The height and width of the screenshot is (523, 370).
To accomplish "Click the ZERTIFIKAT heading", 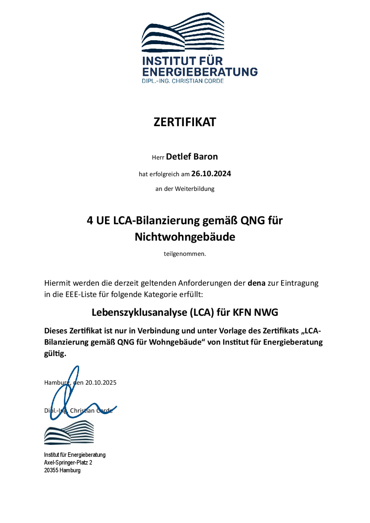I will [x=185, y=122].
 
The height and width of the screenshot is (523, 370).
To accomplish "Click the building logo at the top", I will [x=183, y=33].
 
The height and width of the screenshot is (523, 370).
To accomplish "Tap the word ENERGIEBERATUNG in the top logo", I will [x=200, y=72].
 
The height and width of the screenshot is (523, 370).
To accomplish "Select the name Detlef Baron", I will [x=192, y=157].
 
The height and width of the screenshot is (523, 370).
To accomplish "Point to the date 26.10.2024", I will [x=211, y=174].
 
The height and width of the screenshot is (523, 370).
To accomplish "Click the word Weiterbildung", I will [x=195, y=189].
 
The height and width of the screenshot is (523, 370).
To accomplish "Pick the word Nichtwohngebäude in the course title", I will [x=185, y=237].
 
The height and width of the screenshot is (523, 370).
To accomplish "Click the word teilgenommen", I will [x=185, y=254].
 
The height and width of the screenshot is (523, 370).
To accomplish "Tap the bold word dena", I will [x=256, y=283].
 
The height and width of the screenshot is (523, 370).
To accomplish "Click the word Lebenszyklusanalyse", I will [x=139, y=312].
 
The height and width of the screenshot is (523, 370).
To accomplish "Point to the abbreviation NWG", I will [x=266, y=312].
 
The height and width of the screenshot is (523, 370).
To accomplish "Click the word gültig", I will [x=55, y=353].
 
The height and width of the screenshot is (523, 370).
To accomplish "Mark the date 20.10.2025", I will [x=101, y=382].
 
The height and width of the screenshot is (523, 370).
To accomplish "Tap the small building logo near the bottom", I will [x=69, y=432].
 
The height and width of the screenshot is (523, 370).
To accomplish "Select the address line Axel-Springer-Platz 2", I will [x=68, y=463].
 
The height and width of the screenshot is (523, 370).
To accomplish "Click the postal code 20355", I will [x=51, y=470].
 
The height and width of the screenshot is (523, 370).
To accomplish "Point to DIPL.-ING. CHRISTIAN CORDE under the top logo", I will [x=183, y=81].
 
